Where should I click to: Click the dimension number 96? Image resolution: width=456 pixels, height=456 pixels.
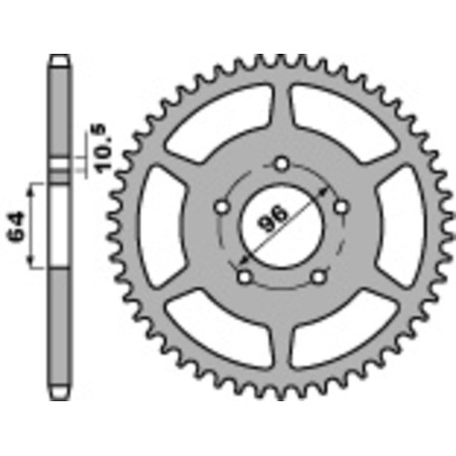coord(273,219)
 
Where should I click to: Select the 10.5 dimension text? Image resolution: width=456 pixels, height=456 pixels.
coord(103,147)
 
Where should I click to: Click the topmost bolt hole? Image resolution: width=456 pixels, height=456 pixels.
coord(282,164)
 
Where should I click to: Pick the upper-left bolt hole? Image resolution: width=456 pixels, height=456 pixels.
coord(222,208)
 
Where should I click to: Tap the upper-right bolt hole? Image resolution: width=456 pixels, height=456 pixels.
coord(342,207)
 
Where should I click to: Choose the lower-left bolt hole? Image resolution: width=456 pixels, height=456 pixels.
coord(245,277)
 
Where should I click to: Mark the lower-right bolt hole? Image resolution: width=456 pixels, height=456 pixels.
coord(319,277)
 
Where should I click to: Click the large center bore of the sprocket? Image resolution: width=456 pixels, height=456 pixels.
coord(282,225)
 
